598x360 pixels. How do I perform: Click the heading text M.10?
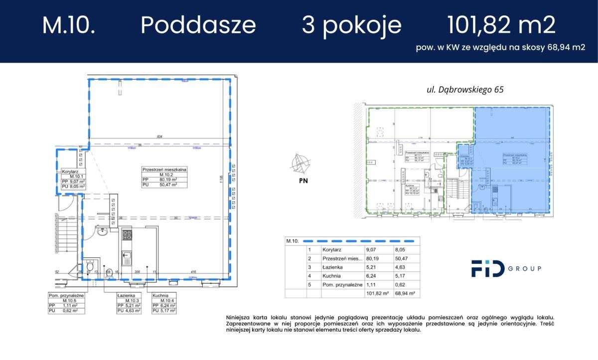point(68,25)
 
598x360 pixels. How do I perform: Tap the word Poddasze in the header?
point(198,25)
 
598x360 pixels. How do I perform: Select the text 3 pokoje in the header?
point(351,25)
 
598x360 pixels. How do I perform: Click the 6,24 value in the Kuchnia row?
point(370,276)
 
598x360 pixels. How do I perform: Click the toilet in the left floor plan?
point(90,267)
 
